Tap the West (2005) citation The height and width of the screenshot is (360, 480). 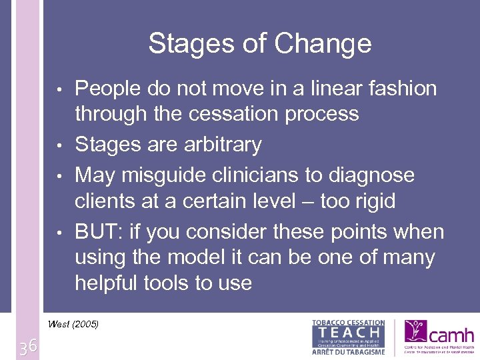(x=73, y=325)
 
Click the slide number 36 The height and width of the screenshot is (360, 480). (x=28, y=347)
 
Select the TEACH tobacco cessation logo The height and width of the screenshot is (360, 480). (x=348, y=337)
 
